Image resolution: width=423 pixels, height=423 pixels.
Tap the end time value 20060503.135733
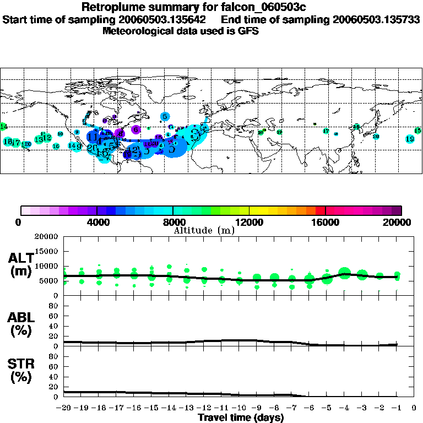[x=377, y=19]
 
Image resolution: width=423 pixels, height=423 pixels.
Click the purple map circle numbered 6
[x=135, y=129]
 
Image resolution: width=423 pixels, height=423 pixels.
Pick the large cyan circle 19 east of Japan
[x=410, y=139]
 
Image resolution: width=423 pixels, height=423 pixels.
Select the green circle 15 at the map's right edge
[x=417, y=131]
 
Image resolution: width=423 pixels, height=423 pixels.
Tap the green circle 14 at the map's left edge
[x=3, y=127]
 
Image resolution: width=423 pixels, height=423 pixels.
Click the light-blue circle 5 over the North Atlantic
[x=165, y=116]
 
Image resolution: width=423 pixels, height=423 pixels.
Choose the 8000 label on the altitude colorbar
[x=173, y=223]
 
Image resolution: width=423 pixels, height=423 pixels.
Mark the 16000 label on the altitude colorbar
[x=326, y=223]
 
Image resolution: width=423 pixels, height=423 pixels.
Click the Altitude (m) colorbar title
[x=204, y=230]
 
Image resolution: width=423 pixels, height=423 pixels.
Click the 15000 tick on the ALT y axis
[x=47, y=251]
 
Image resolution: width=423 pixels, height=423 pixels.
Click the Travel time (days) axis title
[x=241, y=418]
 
